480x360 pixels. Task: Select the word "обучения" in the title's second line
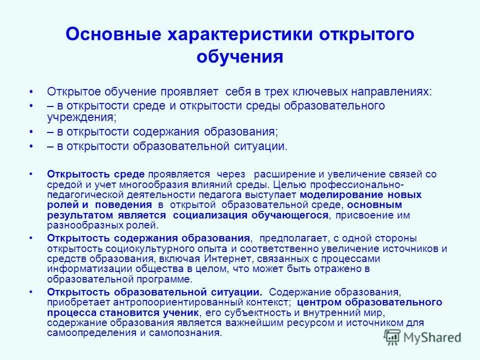click(x=240, y=56)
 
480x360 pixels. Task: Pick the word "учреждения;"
click(x=82, y=117)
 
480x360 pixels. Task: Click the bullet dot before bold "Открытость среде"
click(x=31, y=174)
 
